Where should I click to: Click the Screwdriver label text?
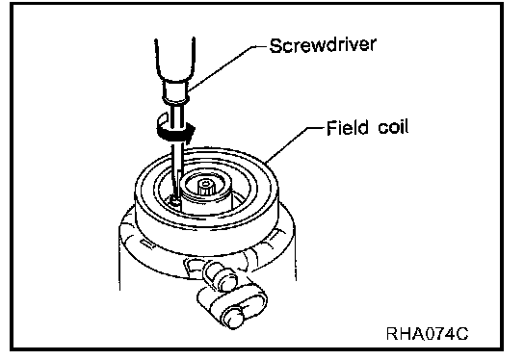[x=323, y=45]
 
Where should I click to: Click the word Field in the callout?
[x=348, y=127]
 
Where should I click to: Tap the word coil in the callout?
[x=393, y=127]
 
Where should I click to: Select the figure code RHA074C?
[x=427, y=333]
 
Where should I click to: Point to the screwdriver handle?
[x=174, y=60]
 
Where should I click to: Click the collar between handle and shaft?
[x=175, y=91]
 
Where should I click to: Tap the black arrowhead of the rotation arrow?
[x=189, y=132]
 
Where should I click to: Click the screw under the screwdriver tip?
[x=174, y=201]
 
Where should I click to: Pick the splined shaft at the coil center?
[x=206, y=188]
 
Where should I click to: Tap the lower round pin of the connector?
[x=233, y=317]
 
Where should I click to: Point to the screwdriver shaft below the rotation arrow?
[x=176, y=167]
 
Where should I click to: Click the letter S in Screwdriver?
[x=275, y=46]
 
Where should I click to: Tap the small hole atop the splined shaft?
[x=206, y=183]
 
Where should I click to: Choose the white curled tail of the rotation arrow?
[x=163, y=122]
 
